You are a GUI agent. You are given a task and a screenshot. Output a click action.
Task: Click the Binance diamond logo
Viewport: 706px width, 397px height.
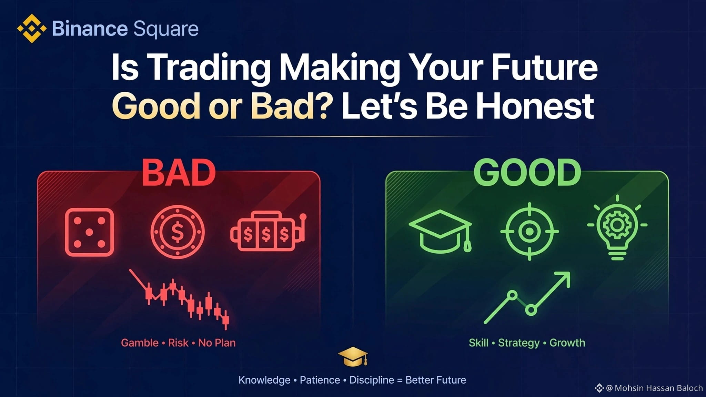coord(32,28)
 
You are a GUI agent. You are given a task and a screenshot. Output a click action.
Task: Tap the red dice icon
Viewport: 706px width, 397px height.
coord(89,232)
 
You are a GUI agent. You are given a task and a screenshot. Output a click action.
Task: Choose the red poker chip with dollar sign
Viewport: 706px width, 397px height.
coord(178,232)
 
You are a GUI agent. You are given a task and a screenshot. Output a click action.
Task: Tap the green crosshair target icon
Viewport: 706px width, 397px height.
coord(529,231)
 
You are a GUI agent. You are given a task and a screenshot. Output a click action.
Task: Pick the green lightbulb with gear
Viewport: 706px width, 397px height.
coord(617,227)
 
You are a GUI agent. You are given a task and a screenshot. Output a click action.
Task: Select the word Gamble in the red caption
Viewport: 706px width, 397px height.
coord(140,343)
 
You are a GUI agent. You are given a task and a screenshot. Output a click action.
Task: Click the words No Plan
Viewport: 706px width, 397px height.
coord(217,343)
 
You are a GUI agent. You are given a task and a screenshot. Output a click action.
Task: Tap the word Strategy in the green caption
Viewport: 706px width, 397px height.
coord(519,343)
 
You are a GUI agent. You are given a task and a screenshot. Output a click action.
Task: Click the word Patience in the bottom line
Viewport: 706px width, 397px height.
coord(320,380)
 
